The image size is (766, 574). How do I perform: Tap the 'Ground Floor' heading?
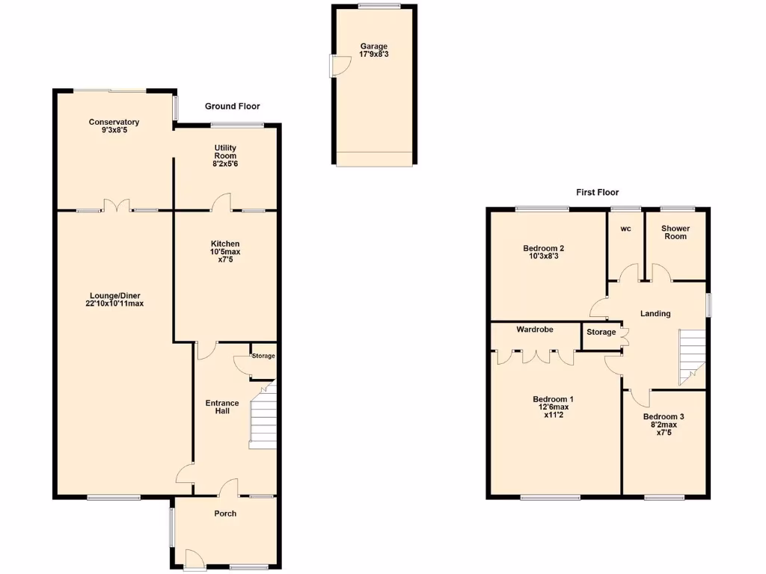coord(232,107)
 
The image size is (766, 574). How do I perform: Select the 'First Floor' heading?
coord(597,192)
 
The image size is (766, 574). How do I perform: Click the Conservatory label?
coord(114,123)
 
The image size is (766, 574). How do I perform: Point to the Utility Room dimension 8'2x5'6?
coord(225,164)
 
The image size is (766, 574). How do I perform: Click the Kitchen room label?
coord(225,244)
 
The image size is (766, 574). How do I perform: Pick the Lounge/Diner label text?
coord(114,295)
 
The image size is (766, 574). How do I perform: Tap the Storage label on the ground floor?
coord(263,357)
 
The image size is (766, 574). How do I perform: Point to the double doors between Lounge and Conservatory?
coord(116,205)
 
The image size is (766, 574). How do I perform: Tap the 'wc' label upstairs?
coord(625,229)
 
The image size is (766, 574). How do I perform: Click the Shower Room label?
coord(675,232)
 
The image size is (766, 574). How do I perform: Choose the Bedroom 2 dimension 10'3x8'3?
coord(543,256)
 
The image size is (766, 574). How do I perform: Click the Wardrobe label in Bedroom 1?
coord(535,329)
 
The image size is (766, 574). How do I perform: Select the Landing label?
coord(655,314)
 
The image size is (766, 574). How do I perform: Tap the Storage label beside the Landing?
coord(601,332)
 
